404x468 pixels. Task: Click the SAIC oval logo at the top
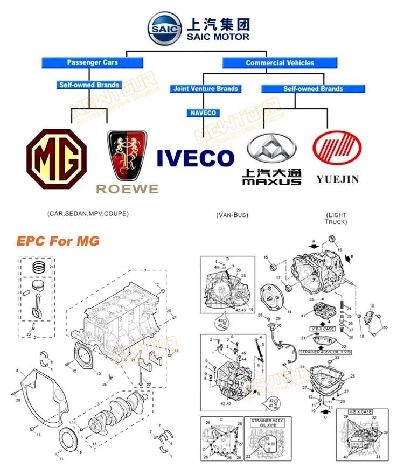[166, 29]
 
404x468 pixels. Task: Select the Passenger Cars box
[92, 62]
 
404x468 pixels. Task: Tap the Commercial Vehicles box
[280, 63]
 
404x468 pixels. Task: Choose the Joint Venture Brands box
[206, 89]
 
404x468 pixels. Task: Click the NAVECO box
[203, 113]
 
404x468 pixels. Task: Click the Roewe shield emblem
[127, 155]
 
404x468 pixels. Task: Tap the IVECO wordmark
[196, 158]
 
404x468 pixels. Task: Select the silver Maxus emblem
[271, 146]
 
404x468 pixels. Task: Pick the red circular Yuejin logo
[337, 145]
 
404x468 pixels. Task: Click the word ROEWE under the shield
[127, 189]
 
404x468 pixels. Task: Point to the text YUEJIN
[337, 179]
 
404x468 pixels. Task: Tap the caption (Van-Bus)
[232, 215]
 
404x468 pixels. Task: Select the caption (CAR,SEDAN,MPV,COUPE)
[88, 214]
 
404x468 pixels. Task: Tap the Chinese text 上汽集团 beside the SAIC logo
[218, 24]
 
